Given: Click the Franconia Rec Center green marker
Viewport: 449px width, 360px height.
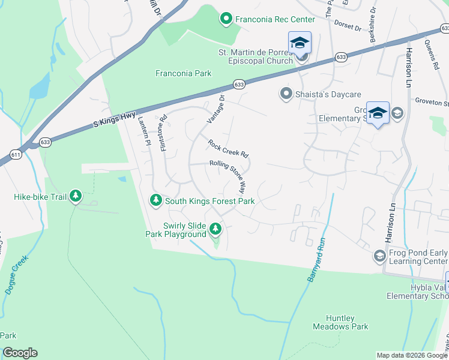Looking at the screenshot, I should click(x=226, y=19).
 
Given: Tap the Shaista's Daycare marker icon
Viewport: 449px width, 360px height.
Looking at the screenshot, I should click(x=286, y=94).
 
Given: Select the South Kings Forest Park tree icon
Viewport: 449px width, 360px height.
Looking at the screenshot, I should click(x=156, y=200).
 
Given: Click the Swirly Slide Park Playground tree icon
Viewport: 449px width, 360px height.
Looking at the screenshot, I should click(x=215, y=229).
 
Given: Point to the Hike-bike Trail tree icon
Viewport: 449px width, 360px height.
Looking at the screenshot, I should click(x=76, y=196).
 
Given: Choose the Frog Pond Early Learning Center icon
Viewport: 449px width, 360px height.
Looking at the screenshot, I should click(x=379, y=256).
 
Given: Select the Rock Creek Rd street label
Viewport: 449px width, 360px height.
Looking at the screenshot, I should click(x=228, y=148).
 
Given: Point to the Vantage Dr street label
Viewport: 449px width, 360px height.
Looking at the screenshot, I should click(x=216, y=109).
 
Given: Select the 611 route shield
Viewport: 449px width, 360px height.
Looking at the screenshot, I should click(x=16, y=154).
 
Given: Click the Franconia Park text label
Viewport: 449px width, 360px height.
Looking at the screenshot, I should click(x=183, y=73).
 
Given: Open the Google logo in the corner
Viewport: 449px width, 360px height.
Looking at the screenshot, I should click(x=20, y=353).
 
